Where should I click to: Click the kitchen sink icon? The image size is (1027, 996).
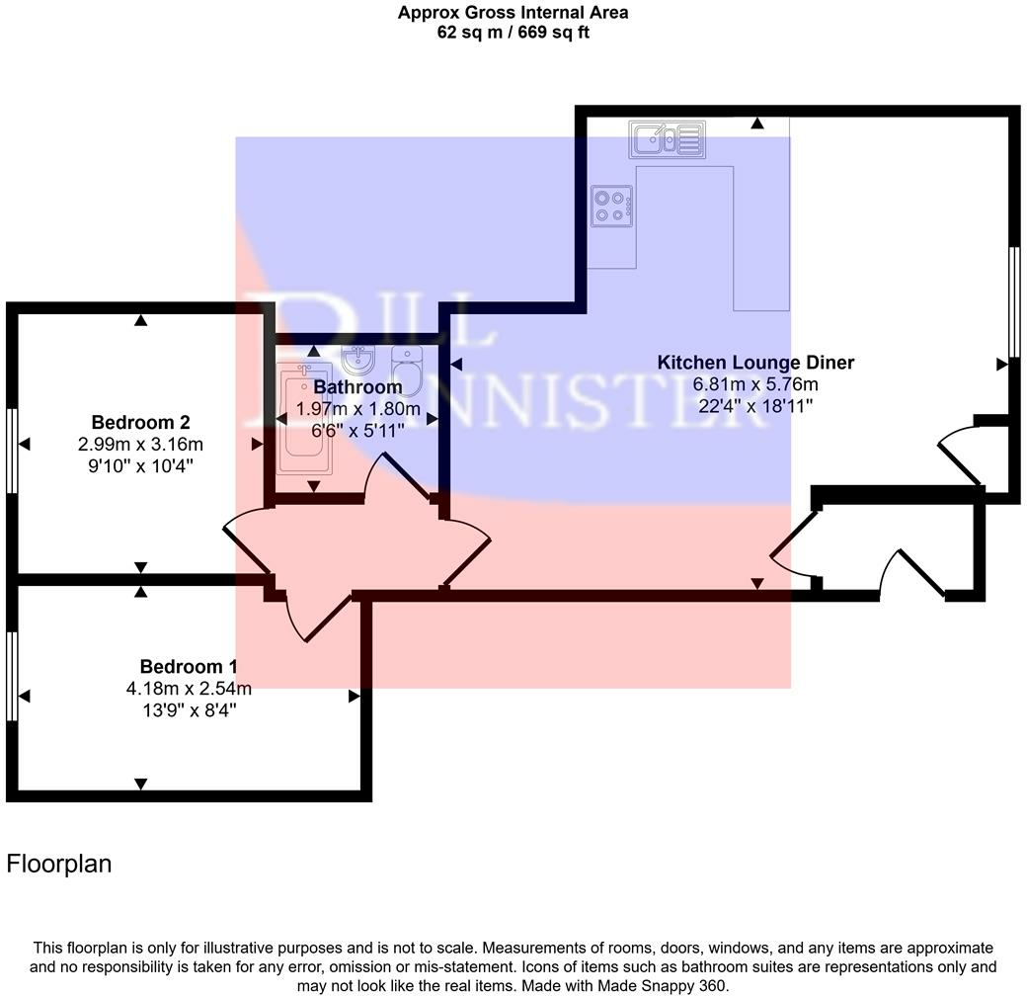(x=666, y=140)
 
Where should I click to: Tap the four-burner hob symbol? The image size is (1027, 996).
(x=610, y=207)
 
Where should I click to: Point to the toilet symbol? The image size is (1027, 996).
(x=406, y=368)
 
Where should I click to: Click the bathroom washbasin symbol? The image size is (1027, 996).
(x=355, y=358)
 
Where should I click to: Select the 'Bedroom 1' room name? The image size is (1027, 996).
(x=188, y=667)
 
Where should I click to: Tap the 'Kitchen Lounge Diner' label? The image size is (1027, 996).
(x=755, y=363)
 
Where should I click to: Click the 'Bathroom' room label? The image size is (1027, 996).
(x=357, y=387)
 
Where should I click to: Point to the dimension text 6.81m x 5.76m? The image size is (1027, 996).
(x=755, y=384)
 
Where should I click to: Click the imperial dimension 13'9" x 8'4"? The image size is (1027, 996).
(x=188, y=710)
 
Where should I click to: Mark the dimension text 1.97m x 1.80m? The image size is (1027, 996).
(x=358, y=409)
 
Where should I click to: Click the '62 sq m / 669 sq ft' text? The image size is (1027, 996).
(x=513, y=33)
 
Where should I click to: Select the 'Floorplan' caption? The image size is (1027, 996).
(x=59, y=865)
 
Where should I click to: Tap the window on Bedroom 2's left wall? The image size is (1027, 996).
(x=12, y=450)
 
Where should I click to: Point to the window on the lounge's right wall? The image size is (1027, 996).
(x=1013, y=301)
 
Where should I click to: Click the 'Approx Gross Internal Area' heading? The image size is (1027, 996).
(x=513, y=13)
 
